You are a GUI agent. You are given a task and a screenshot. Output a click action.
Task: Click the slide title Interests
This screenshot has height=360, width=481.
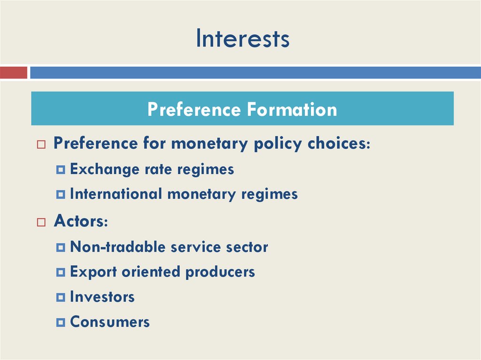click(242, 38)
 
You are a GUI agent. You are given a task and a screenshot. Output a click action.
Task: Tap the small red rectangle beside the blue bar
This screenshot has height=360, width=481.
click(14, 73)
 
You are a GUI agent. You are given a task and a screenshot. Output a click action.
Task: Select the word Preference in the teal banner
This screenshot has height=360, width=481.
click(194, 109)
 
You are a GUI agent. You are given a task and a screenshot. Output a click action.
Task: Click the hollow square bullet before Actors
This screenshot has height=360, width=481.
click(41, 222)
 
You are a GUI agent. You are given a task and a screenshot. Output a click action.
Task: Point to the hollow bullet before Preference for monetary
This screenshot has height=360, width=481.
click(41, 145)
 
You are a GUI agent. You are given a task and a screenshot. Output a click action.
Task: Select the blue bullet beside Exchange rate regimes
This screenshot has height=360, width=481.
click(60, 169)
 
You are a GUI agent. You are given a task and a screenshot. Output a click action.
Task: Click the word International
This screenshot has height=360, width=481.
click(116, 194)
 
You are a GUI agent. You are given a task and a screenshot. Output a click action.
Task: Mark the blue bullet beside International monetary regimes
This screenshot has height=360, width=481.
click(60, 194)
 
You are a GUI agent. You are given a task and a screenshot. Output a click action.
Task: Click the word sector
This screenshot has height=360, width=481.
click(247, 246)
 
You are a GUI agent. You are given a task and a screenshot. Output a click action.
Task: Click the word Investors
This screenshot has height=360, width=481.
click(102, 297)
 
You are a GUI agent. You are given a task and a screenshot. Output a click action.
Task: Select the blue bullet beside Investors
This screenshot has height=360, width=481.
click(60, 297)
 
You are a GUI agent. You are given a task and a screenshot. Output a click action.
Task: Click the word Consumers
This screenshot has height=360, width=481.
click(109, 322)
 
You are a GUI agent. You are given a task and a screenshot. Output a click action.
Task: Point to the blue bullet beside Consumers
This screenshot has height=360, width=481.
click(60, 322)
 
